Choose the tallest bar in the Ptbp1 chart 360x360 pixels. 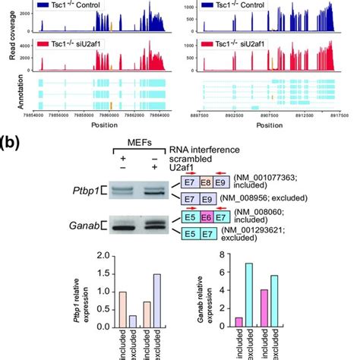tap(157, 300)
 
